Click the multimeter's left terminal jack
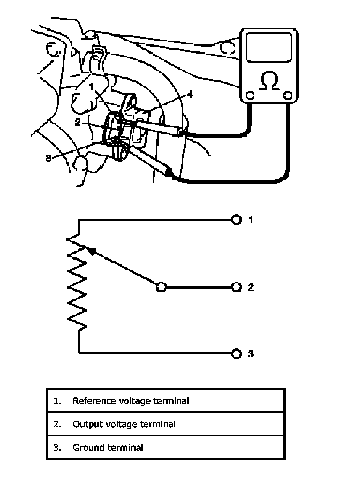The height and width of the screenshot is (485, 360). coord(250,96)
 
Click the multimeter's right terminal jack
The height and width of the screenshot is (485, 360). coord(288,96)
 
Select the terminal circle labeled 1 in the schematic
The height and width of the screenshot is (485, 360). coord(236,220)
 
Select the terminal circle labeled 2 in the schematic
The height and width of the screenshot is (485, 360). coord(236,287)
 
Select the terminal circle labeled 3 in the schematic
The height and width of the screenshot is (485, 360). coord(236,353)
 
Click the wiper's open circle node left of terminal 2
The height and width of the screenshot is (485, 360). coord(160,287)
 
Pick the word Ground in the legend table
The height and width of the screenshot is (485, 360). coord(86,448)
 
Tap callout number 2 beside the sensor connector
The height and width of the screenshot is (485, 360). coord(78,122)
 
